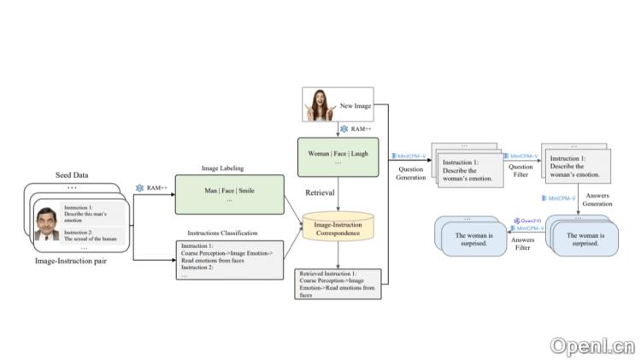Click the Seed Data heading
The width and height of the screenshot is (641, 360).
(74, 175)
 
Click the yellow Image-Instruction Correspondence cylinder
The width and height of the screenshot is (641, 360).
(338, 227)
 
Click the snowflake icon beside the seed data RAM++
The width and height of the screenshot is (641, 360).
(139, 187)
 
